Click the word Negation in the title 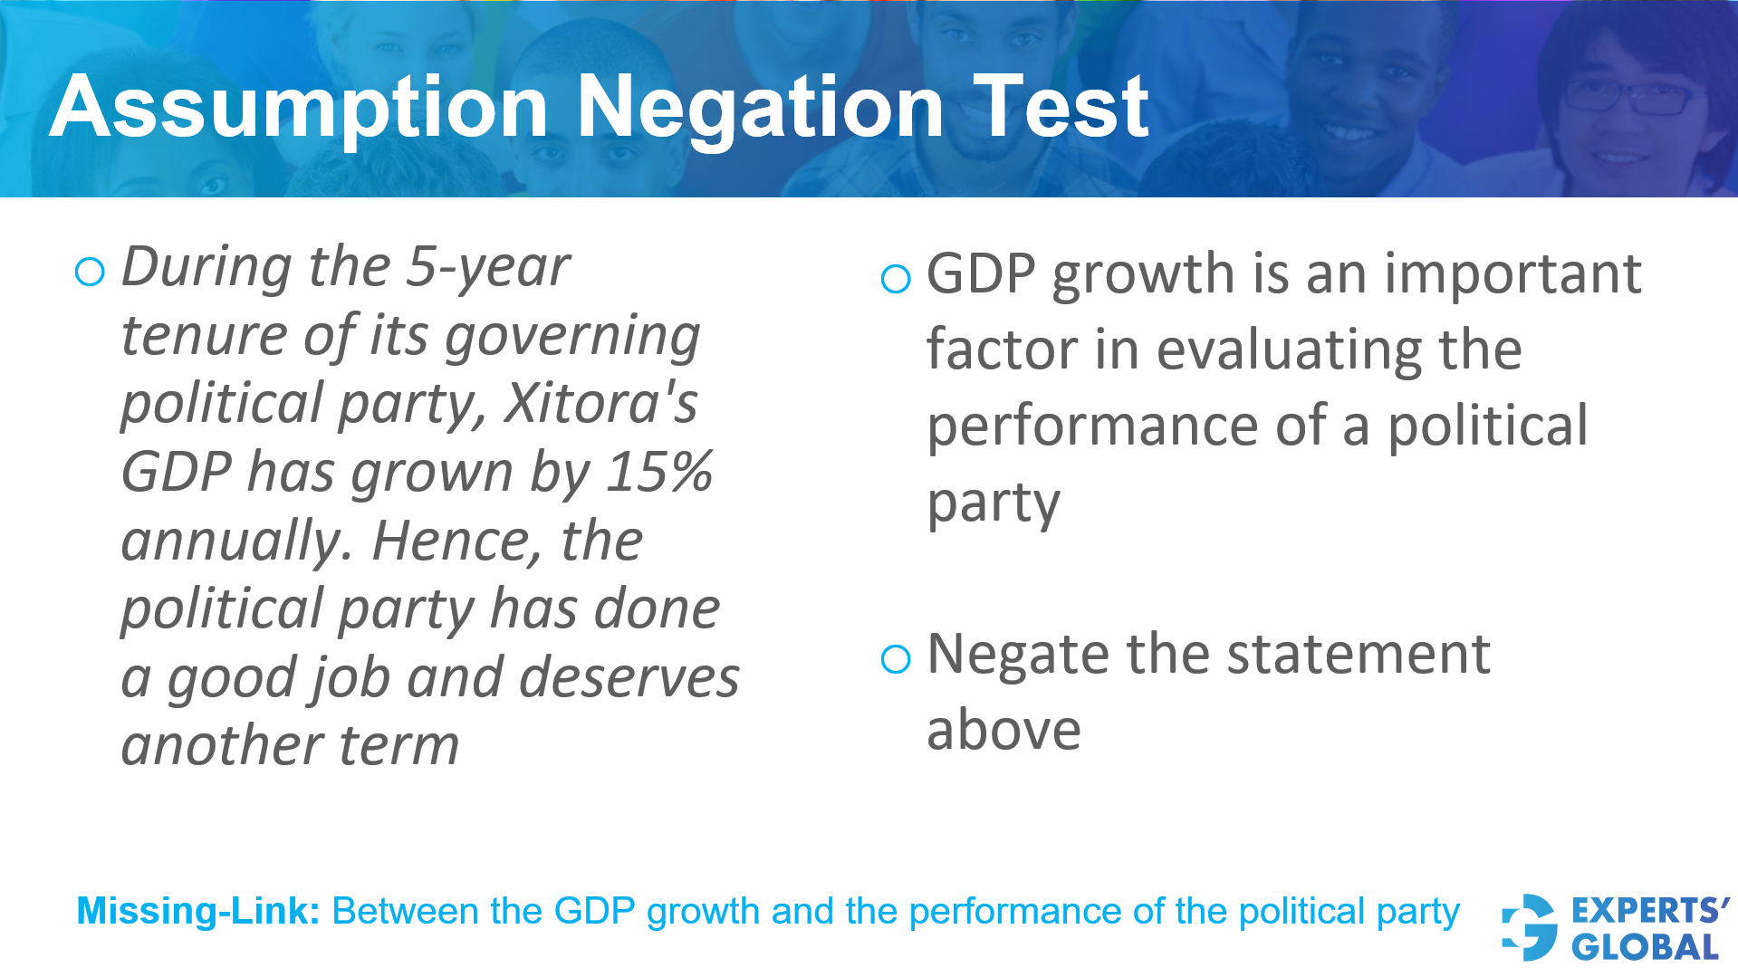761,109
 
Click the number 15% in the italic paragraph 659,472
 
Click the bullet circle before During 90,272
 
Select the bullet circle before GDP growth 895,278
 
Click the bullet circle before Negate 895,658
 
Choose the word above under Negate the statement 1003,730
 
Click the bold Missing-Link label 198,911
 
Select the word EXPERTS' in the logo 1649,910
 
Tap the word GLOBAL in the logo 1645,947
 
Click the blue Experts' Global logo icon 1529,927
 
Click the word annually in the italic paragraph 235,541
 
